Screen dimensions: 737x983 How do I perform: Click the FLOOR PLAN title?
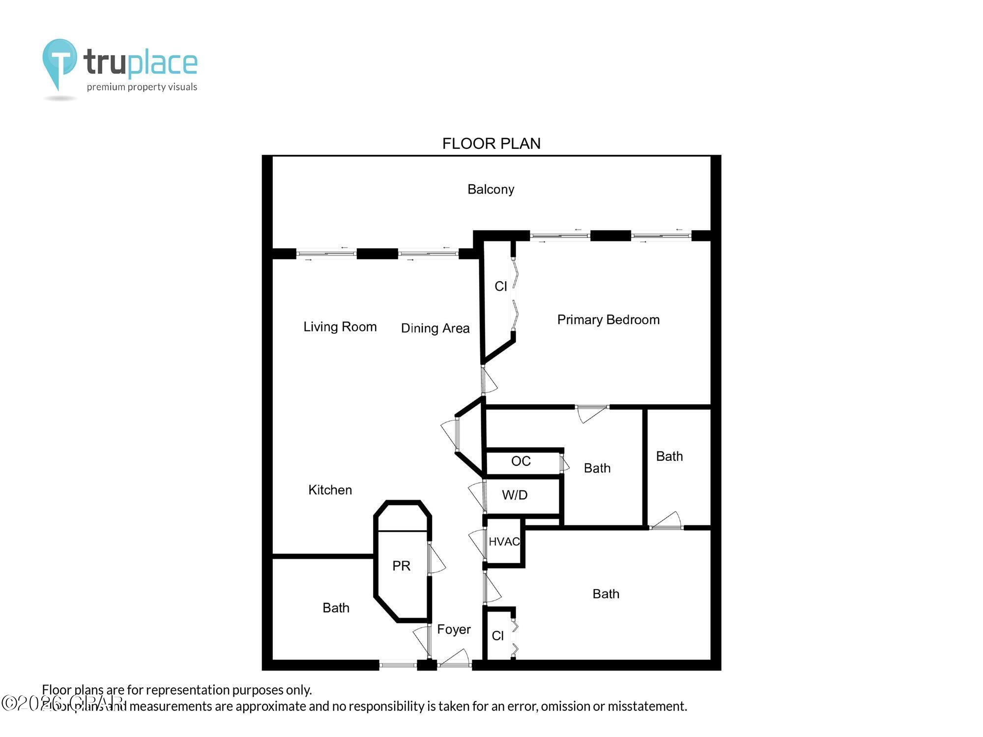[491, 143]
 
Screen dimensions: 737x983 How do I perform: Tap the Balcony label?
[491, 189]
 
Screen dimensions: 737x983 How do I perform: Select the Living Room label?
[340, 327]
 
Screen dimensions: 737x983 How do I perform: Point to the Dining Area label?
[435, 328]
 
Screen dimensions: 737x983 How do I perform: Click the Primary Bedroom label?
[608, 320]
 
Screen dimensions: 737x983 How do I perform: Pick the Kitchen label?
[330, 490]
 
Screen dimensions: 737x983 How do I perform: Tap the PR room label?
[401, 566]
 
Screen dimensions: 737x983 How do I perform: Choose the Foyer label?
[454, 629]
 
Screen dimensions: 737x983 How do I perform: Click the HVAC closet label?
[504, 541]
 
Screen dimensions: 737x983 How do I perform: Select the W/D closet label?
[515, 495]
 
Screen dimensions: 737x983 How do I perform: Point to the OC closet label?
[520, 461]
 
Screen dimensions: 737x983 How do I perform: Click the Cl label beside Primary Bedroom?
[500, 286]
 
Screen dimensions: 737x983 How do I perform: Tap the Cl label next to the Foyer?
[497, 636]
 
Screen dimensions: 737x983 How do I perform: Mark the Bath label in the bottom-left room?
[336, 608]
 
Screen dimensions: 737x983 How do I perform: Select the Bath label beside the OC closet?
[597, 468]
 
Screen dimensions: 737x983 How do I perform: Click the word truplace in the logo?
[141, 63]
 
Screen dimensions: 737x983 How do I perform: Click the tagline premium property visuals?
[142, 87]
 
